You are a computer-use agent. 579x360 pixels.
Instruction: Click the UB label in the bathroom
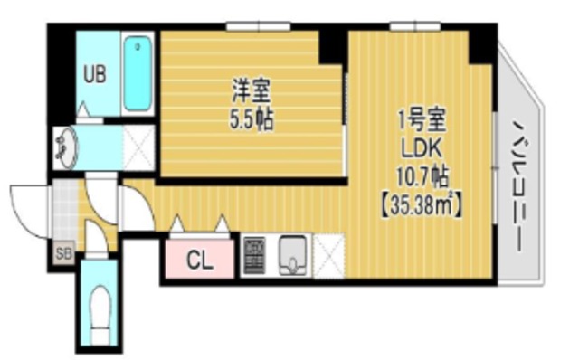tap(94, 74)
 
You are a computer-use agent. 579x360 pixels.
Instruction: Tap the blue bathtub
tap(138, 74)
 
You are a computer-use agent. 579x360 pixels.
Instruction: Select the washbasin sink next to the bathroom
tap(66, 147)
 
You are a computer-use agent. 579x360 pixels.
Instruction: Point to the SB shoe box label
tap(63, 253)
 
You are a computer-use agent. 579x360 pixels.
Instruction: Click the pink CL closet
tap(199, 259)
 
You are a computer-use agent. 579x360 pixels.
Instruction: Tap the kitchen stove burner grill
tap(254, 255)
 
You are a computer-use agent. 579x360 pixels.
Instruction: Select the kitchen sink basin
tap(293, 255)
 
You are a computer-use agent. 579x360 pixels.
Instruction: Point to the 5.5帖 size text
tap(252, 119)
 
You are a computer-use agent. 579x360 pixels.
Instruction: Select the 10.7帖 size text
tap(422, 175)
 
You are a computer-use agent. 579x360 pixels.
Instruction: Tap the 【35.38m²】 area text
tap(422, 204)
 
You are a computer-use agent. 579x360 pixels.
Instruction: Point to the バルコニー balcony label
tap(519, 189)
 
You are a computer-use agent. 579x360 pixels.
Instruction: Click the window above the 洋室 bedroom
tap(258, 26)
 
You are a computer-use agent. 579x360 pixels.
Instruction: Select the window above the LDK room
tap(415, 26)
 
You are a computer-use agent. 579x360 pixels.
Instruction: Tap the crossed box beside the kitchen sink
tap(328, 255)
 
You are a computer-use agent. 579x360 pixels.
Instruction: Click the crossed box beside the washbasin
tap(138, 147)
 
